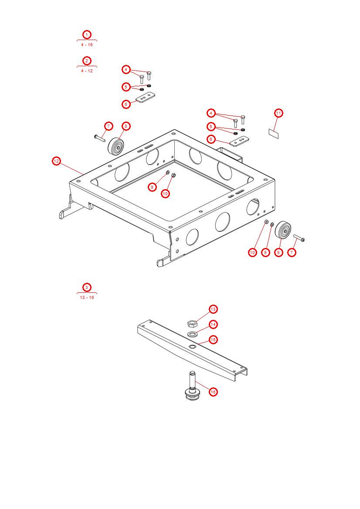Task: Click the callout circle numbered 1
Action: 87,34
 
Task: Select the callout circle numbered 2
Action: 87,61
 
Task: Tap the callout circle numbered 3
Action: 87,287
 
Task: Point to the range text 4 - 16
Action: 87,44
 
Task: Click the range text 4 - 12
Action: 87,71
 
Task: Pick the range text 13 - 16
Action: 87,297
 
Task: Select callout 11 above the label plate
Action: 278,113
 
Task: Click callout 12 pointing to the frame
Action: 56,161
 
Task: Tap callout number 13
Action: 213,309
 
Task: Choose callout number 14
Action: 213,325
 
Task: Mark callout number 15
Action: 213,339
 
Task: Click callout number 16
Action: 213,392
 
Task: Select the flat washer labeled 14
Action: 192,334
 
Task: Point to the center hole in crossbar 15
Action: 192,346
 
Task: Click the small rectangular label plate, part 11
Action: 273,133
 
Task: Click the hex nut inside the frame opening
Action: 174,176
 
